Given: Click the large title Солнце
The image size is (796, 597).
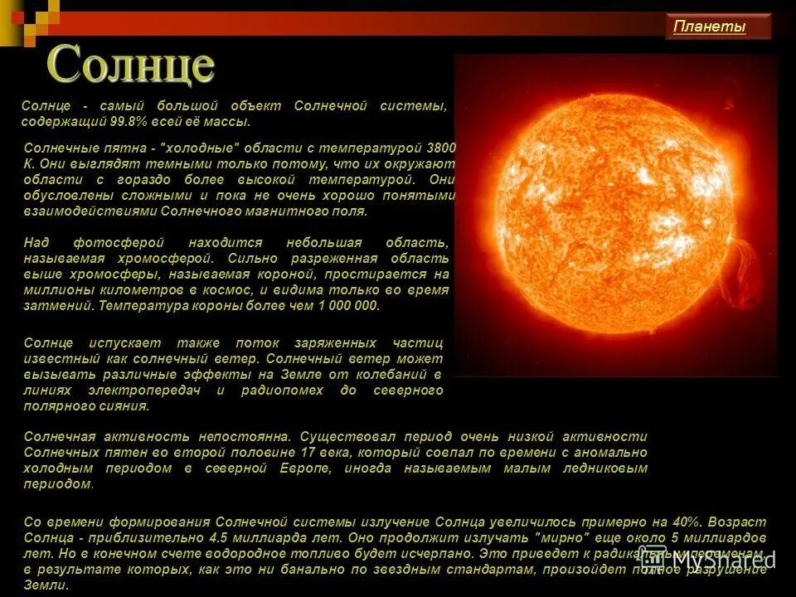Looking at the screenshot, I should (131, 65).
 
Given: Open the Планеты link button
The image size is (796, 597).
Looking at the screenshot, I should (710, 27).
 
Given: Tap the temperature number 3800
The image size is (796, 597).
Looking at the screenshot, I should (440, 147).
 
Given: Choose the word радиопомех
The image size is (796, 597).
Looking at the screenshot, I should (279, 391).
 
